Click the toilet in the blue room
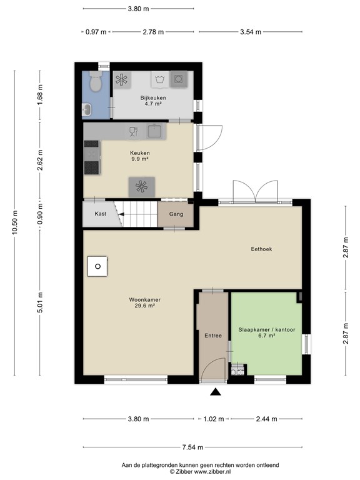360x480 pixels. coord(96,81)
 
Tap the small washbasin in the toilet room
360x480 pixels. coord(87,110)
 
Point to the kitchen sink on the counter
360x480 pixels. coord(154,131)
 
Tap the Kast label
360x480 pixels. coord(100,214)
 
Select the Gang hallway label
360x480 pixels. coord(176,214)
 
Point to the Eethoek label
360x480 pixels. coord(261,249)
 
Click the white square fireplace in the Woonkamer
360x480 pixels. coord(97,267)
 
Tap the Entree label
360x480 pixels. coord(213,336)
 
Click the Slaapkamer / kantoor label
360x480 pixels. coord(266,332)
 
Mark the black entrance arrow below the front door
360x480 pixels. coord(216,392)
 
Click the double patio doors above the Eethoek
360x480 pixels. coord(254,191)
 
